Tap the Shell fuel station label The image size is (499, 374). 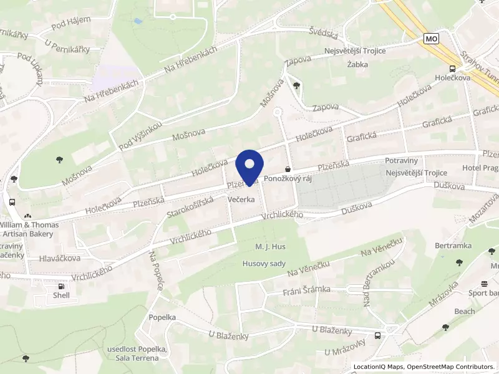61,295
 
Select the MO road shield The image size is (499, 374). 430,39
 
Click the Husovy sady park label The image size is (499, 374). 264,263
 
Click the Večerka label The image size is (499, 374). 241,199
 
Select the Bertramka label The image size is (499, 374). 453,245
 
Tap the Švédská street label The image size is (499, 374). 322,32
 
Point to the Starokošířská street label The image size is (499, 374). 190,208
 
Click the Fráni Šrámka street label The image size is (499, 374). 306,290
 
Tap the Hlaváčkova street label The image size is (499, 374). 59,257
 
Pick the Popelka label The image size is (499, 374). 162,317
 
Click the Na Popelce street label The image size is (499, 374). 156,271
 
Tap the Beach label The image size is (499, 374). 464,311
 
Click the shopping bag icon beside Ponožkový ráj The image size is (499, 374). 287,168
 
